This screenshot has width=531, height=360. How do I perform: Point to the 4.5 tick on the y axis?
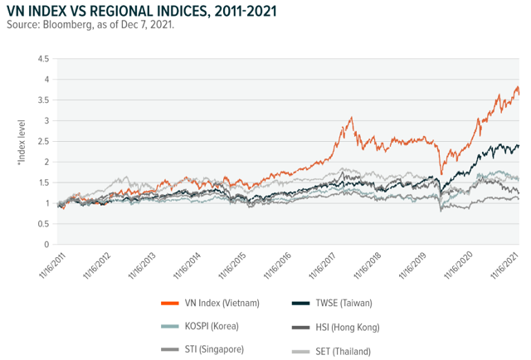(x=41, y=59)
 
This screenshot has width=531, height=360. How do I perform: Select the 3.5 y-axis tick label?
(x=41, y=100)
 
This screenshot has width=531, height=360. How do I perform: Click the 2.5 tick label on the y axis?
(x=41, y=142)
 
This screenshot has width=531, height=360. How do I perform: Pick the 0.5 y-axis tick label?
(x=41, y=224)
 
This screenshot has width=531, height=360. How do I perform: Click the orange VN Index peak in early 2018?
(x=351, y=119)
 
